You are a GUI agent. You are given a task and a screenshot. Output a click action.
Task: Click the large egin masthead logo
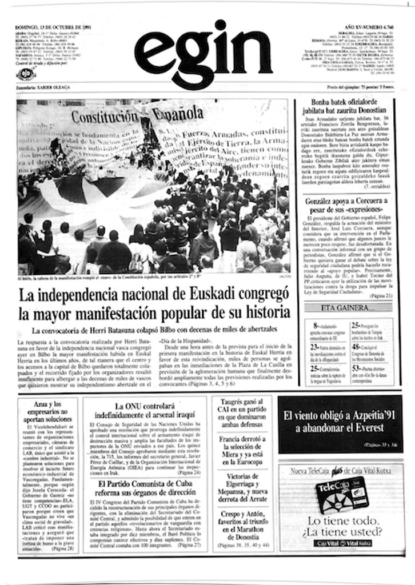[x=203, y=54]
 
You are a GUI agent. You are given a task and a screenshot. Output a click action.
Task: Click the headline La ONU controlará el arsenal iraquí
[x=145, y=411]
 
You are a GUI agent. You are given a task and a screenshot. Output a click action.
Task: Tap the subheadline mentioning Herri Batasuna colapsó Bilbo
[x=154, y=330]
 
